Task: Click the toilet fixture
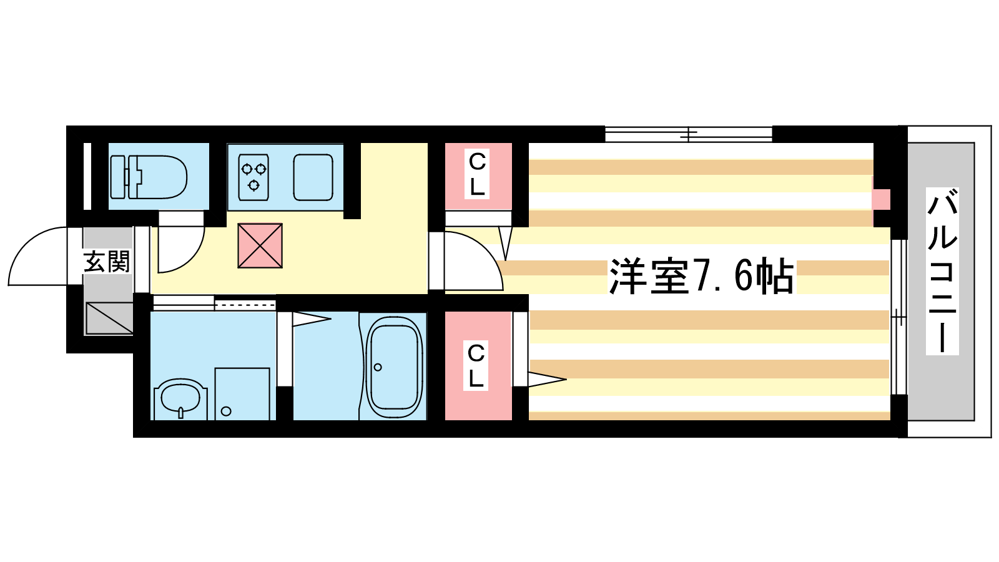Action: (x=149, y=177)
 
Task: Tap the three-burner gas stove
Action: (x=253, y=177)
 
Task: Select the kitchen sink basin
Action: (x=313, y=177)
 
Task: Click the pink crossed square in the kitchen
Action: (x=260, y=246)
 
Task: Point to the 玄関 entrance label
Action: (x=107, y=262)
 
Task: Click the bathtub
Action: (x=394, y=367)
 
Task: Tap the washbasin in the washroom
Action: (x=180, y=399)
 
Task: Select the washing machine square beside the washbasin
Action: (x=242, y=394)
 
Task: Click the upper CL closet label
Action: (x=477, y=174)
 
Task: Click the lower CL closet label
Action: (x=476, y=365)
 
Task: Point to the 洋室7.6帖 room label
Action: (x=702, y=276)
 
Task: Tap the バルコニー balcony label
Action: (x=942, y=271)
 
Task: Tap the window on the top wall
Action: (x=689, y=134)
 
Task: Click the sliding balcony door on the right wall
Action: (x=898, y=317)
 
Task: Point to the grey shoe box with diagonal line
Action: (x=109, y=318)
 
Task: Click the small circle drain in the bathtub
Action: (x=378, y=367)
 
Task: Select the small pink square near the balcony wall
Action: (x=881, y=199)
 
